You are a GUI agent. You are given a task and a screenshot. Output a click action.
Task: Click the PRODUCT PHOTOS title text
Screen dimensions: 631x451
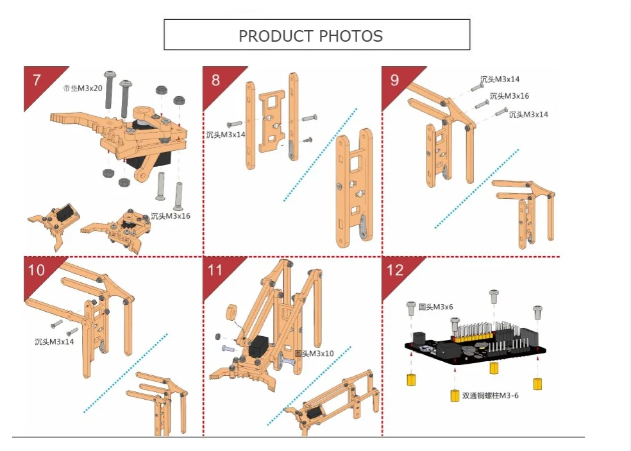pyautogui.click(x=310, y=36)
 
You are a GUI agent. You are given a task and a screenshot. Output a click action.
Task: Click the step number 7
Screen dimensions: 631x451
pyautogui.click(x=37, y=80)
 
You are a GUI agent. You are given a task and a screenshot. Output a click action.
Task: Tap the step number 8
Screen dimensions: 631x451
pyautogui.click(x=215, y=80)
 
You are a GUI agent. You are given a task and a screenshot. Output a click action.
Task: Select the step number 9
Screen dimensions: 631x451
pyautogui.click(x=394, y=80)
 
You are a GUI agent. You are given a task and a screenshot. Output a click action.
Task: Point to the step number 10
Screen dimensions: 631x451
pyautogui.click(x=37, y=269)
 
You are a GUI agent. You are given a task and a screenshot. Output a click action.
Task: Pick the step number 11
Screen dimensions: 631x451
pyautogui.click(x=215, y=269)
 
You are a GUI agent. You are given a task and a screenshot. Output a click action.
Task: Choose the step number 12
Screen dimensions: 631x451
pyautogui.click(x=395, y=269)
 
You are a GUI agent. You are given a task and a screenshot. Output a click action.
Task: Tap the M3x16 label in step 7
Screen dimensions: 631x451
pyautogui.click(x=171, y=216)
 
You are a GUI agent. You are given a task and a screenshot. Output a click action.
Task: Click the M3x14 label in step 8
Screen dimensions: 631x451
pyautogui.click(x=226, y=135)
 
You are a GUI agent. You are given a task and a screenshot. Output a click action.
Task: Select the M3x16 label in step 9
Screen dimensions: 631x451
pyautogui.click(x=509, y=96)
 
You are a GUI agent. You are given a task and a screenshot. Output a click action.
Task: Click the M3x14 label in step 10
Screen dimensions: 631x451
pyautogui.click(x=55, y=341)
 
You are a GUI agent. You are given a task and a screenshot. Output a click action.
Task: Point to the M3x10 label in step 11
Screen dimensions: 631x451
pyautogui.click(x=314, y=353)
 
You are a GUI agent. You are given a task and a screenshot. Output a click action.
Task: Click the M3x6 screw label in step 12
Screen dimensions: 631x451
pyautogui.click(x=436, y=307)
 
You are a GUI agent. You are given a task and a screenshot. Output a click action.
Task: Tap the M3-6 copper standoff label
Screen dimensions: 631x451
pyautogui.click(x=491, y=396)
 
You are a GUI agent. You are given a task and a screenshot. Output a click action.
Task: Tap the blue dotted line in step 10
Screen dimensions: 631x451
pyautogui.click(x=126, y=373)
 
